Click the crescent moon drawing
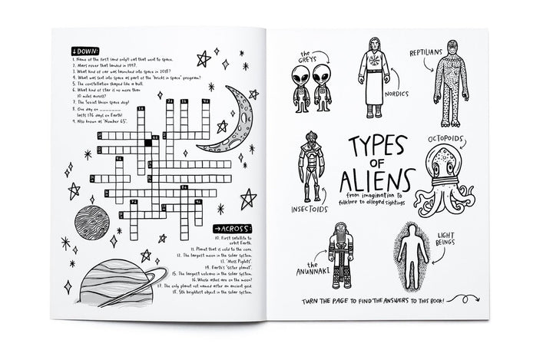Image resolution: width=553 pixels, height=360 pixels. coord(231,123)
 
